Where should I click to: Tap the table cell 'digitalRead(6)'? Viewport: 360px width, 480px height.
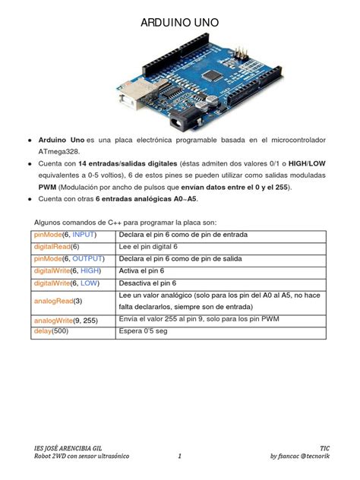pos(56,246)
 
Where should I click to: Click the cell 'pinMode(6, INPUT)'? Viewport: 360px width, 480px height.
pos(65,235)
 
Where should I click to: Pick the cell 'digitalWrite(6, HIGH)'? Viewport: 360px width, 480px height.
pos(68,270)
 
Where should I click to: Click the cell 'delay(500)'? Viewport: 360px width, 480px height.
pos(51,331)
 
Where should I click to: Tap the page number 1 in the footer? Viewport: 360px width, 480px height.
pos(179,456)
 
